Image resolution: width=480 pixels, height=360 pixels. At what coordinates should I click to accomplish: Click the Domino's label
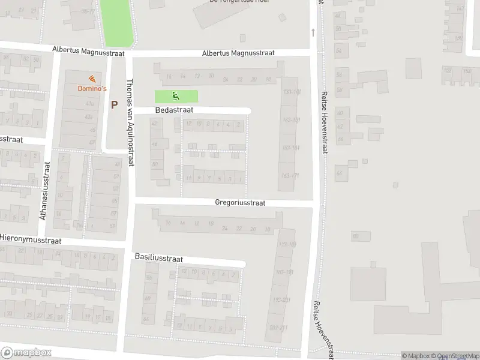click(x=92, y=89)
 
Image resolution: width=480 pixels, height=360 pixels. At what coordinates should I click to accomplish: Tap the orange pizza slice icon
click(x=91, y=79)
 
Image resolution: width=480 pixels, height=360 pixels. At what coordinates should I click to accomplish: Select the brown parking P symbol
click(x=114, y=104)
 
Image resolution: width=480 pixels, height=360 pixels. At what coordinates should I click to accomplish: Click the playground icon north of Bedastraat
click(x=176, y=95)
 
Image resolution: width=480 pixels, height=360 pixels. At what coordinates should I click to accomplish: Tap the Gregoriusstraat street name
click(x=240, y=203)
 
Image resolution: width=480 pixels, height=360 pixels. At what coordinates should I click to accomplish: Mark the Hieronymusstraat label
click(x=30, y=239)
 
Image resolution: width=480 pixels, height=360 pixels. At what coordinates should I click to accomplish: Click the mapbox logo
click(x=26, y=352)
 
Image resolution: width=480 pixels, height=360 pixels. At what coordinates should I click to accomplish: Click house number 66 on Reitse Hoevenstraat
click(x=339, y=173)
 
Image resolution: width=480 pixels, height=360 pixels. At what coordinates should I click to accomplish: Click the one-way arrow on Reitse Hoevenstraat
click(x=313, y=32)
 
